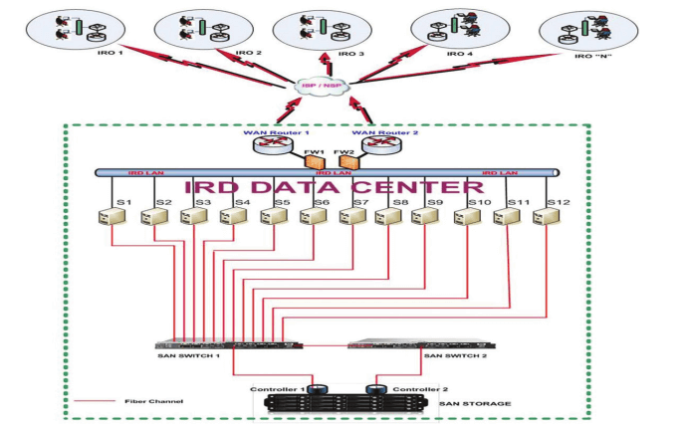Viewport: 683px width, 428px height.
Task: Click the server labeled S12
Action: click(x=544, y=216)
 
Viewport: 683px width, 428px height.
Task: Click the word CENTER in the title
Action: click(x=417, y=188)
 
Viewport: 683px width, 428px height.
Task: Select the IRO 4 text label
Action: click(x=459, y=53)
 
